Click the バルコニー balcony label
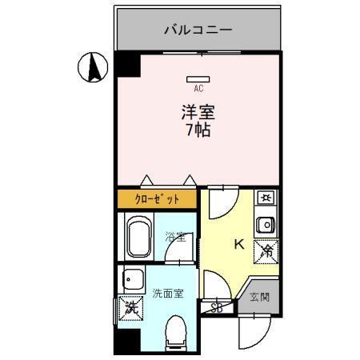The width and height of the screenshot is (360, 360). (198, 30)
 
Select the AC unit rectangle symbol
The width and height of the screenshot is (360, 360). (198, 79)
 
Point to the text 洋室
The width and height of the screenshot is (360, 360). (198, 112)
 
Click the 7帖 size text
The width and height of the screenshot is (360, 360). (198, 130)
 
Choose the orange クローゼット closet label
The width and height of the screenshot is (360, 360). (156, 199)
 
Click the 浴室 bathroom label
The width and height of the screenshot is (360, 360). (175, 238)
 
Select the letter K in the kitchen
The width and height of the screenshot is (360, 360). (238, 245)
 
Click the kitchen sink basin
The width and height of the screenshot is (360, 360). (266, 224)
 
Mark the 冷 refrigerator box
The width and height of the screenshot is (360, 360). (266, 252)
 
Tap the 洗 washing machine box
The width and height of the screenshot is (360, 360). (128, 307)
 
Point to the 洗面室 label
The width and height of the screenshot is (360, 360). (169, 293)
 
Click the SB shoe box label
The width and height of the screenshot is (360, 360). (217, 307)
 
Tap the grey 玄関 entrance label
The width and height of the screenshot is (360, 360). (260, 297)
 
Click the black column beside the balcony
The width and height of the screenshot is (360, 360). (126, 65)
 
